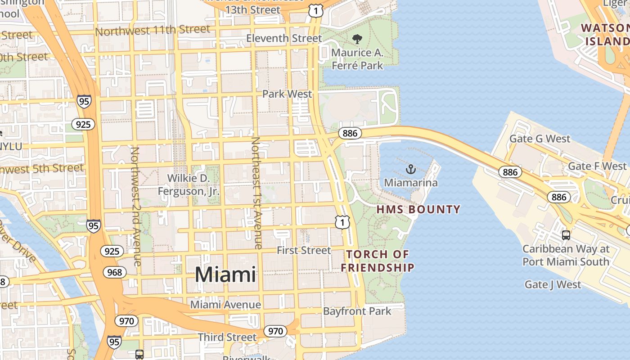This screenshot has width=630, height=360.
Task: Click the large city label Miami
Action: (225, 274)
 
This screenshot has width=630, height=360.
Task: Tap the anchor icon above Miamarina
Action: (410, 170)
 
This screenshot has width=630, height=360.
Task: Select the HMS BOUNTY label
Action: (418, 209)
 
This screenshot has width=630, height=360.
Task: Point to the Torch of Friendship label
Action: (378, 261)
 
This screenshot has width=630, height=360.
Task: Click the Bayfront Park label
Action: (357, 311)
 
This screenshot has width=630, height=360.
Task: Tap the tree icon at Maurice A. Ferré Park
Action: (357, 39)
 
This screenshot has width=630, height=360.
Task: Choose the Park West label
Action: (287, 94)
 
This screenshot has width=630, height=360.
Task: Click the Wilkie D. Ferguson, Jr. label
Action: (189, 184)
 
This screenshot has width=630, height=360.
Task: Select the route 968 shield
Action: (115, 272)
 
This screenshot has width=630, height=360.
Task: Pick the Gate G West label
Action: (540, 139)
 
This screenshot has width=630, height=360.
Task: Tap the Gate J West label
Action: (553, 284)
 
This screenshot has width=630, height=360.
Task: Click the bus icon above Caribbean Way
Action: (566, 235)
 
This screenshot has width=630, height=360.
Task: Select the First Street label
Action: (304, 250)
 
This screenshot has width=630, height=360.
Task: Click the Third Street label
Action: (227, 337)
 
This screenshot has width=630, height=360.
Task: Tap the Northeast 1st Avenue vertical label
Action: (256, 193)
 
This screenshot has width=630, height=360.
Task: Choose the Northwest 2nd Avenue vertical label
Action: (136, 206)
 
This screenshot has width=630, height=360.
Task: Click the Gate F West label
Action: (597, 166)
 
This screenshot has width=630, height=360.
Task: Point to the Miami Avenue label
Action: (225, 305)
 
